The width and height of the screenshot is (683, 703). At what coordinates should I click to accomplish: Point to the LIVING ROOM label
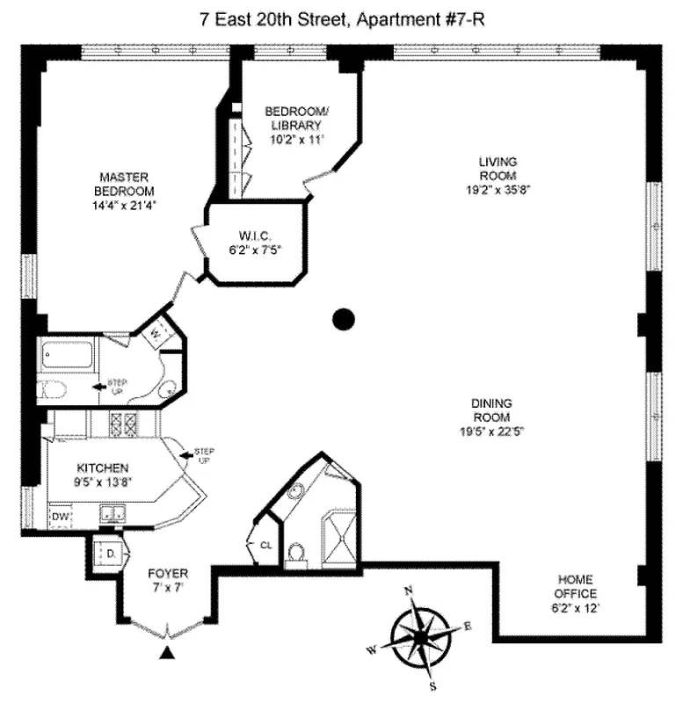click(x=498, y=168)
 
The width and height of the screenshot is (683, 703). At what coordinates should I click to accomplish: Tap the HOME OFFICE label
click(x=575, y=586)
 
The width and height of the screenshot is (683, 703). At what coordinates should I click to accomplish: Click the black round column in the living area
click(x=343, y=319)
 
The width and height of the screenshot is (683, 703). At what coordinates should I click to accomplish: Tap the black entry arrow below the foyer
click(x=167, y=653)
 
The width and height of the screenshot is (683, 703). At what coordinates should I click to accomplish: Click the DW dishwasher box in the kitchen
click(x=60, y=518)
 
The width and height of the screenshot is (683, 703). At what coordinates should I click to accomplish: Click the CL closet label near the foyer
click(x=265, y=546)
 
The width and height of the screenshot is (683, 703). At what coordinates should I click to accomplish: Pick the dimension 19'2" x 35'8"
click(x=498, y=188)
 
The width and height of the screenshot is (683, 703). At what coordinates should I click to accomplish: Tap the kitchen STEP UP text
click(x=203, y=455)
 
